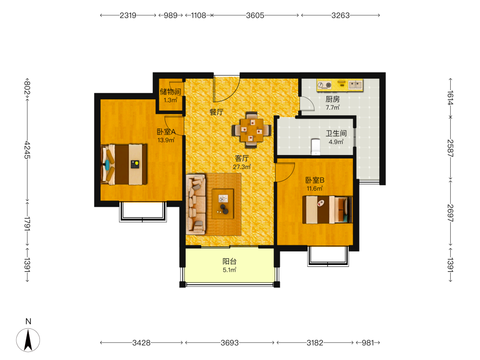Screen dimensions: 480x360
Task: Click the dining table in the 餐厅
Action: tap(252, 130)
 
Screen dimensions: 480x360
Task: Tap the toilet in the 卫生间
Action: tap(315, 147)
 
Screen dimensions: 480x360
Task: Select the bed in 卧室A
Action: tap(124, 164)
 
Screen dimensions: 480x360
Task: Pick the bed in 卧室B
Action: tap(327, 210)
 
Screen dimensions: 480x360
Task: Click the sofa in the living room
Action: tap(196, 204)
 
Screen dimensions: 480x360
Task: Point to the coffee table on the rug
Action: tap(223, 204)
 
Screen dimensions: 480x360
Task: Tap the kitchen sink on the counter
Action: tap(355, 84)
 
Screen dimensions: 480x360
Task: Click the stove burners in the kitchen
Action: tap(324, 85)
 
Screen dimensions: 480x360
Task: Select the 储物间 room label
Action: tap(170, 92)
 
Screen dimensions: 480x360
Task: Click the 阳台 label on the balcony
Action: tap(229, 262)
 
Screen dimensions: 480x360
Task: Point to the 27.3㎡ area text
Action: tap(242, 167)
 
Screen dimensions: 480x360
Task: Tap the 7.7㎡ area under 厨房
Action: tap(333, 108)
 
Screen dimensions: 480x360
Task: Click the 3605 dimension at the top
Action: tap(255, 15)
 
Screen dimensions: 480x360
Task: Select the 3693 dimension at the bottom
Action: tap(229, 343)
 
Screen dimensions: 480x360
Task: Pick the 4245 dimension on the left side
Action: tap(27, 150)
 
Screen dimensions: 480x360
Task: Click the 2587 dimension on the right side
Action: tap(450, 148)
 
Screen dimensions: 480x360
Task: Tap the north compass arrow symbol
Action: tap(28, 340)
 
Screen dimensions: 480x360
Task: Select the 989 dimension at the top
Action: tap(170, 15)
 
